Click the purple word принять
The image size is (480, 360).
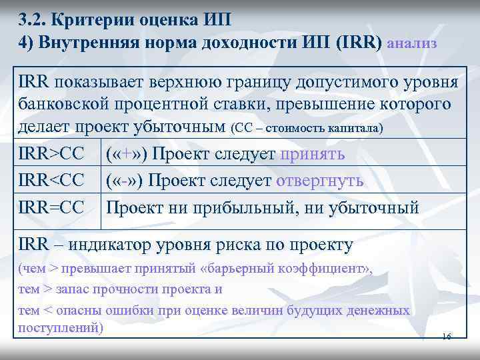tap(313, 154)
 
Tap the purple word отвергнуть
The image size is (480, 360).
tap(319, 181)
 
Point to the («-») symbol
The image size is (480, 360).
tap(127, 181)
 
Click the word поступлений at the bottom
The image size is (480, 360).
tap(59, 328)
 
